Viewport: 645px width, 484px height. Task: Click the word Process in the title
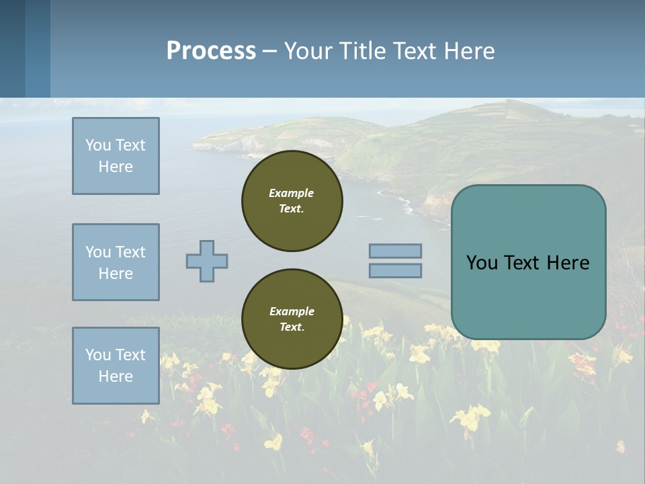(x=211, y=51)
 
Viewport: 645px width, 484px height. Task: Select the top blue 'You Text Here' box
(x=116, y=156)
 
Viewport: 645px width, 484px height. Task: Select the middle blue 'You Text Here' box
(x=116, y=262)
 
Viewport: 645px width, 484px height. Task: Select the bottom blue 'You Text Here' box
(x=116, y=366)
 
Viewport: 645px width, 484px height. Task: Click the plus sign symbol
(x=207, y=261)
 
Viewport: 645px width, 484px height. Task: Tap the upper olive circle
(x=292, y=201)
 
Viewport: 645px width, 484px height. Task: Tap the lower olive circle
(x=292, y=319)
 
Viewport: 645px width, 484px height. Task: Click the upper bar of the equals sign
(x=395, y=251)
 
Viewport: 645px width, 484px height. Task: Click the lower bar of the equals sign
(x=395, y=270)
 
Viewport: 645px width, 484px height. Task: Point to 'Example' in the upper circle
(x=292, y=193)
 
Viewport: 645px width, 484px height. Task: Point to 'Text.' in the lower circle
(x=292, y=327)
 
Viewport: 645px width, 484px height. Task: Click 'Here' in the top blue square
(x=116, y=167)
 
